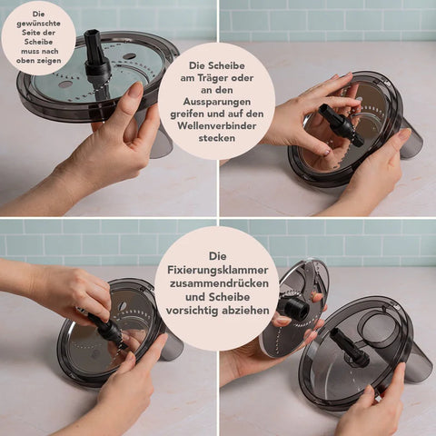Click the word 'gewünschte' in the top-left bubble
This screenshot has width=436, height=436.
[x=38, y=24]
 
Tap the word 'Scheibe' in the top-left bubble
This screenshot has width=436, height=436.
[x=38, y=42]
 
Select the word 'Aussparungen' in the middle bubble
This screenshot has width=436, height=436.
[x=217, y=102]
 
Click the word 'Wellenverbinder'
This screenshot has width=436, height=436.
[x=217, y=125]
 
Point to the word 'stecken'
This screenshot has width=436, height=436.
[x=217, y=138]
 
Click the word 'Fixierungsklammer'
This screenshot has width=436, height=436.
[x=218, y=270]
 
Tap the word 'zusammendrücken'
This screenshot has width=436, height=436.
[x=219, y=283]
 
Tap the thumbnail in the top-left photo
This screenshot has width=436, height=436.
[x=135, y=90]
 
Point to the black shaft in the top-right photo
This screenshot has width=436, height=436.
[x=340, y=124]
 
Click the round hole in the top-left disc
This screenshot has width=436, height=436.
[x=130, y=56]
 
